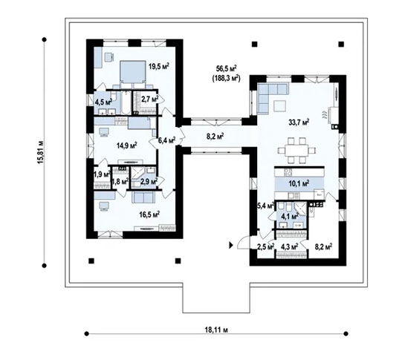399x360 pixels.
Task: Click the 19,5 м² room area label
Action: click(x=158, y=66)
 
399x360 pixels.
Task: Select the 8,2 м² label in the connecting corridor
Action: click(x=215, y=137)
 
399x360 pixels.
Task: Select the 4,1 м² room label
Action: click(x=289, y=217)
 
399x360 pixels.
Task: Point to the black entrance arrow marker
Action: click(x=232, y=243)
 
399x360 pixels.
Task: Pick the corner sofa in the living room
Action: click(x=271, y=96)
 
